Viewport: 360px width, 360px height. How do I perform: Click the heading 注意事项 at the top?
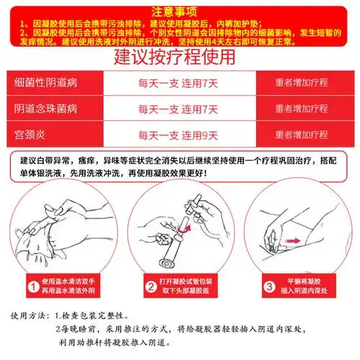179,10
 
